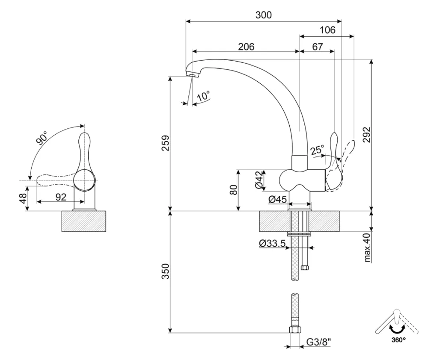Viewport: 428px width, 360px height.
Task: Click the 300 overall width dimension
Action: (264, 15)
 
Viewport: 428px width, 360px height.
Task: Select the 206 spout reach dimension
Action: (246, 47)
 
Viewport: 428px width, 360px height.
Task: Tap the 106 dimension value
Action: (327, 30)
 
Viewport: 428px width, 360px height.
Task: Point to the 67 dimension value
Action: (317, 47)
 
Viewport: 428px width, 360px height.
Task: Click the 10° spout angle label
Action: (203, 96)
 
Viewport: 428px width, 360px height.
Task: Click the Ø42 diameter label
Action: (259, 180)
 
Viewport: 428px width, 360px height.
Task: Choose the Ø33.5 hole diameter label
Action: (272, 244)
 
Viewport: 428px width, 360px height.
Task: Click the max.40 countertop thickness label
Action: (367, 248)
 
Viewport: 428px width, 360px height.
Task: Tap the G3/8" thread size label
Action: (319, 342)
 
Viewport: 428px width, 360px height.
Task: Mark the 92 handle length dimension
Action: (61, 197)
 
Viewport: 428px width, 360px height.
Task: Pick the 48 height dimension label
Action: (24, 198)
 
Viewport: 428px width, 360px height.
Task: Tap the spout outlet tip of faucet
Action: (192, 76)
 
